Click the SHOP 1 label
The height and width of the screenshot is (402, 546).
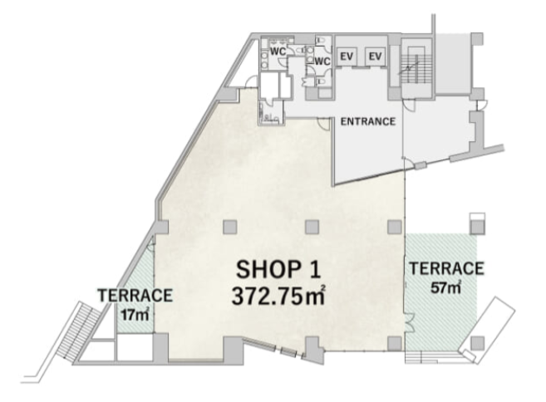(278, 269)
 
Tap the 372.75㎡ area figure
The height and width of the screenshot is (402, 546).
(278, 297)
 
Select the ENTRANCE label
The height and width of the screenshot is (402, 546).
(368, 121)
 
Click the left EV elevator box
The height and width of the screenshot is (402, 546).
(347, 56)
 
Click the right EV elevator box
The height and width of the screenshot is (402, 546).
(376, 56)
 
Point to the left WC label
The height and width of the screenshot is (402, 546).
(278, 51)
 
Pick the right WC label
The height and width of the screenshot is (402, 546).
(322, 61)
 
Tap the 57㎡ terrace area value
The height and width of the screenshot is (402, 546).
(446, 287)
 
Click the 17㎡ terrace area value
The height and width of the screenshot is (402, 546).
(135, 315)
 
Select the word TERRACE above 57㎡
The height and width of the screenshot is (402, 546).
(446, 269)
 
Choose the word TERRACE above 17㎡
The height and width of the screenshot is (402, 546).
(135, 296)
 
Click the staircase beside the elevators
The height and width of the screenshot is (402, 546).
(416, 67)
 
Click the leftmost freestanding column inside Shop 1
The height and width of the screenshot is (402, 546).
(230, 228)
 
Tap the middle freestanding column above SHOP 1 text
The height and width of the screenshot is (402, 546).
(312, 228)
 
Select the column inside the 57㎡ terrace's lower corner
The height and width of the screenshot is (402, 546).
(477, 343)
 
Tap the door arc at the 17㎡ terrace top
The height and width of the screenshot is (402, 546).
(150, 246)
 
